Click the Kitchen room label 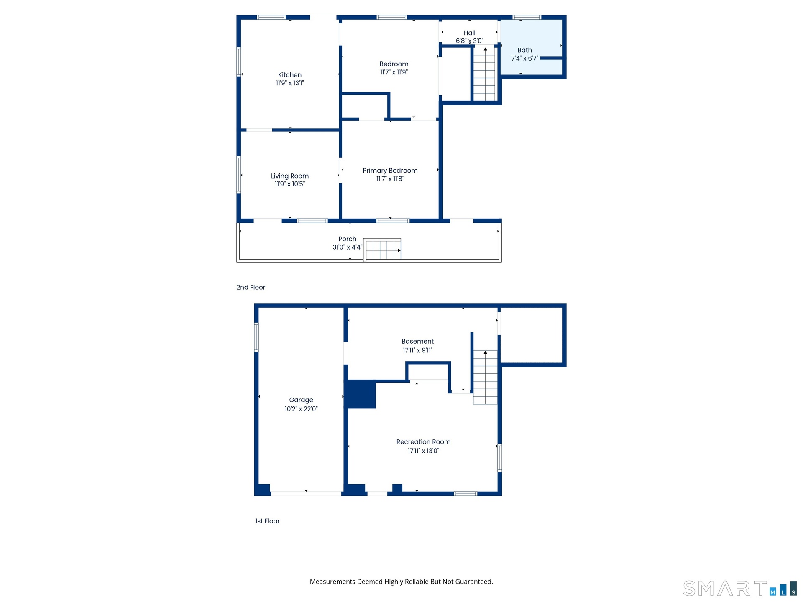[290, 75]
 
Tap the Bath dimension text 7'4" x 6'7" [524, 59]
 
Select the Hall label [469, 33]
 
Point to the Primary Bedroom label [390, 171]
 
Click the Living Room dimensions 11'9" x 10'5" [290, 184]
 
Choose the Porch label [348, 239]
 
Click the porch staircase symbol [382, 250]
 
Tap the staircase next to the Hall [484, 74]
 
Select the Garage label [301, 400]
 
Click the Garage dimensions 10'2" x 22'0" [301, 409]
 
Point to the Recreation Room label [423, 442]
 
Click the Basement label [417, 342]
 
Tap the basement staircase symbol [485, 377]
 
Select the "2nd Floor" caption [251, 287]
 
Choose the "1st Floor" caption [267, 521]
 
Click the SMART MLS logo [740, 588]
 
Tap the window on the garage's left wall [256, 337]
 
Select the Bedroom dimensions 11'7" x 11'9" [394, 72]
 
